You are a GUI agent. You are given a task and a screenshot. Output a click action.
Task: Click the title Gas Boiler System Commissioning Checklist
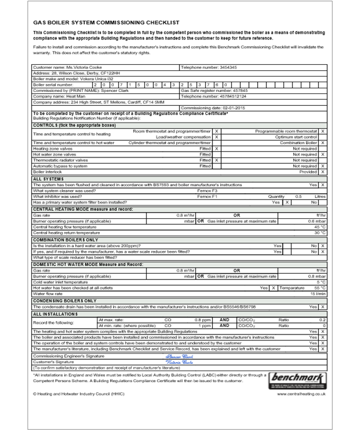106,23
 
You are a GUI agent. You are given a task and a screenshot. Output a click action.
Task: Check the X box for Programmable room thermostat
322,131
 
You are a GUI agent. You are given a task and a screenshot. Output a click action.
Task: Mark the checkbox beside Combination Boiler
322,142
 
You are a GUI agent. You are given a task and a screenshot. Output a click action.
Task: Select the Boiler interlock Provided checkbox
322,172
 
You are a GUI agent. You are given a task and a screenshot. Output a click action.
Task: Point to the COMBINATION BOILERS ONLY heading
65,239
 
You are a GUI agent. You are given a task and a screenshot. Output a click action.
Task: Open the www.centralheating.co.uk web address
301,394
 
